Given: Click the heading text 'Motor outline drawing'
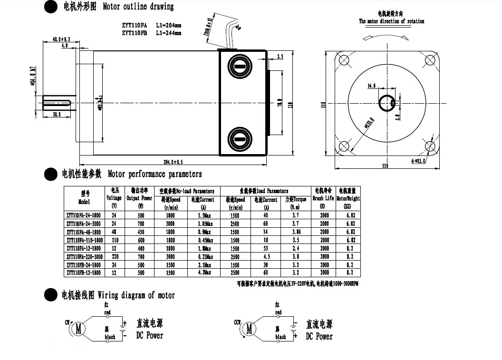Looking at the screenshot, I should [x=138, y=7].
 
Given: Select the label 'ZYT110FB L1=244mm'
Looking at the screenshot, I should [x=151, y=33].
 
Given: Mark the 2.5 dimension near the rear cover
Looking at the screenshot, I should [x=280, y=57].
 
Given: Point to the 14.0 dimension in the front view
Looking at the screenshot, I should [x=371, y=86].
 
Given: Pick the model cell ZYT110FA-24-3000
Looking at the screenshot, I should [x=84, y=224].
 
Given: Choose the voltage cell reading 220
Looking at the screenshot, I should [x=114, y=256].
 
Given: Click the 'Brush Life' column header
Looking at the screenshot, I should [x=323, y=198].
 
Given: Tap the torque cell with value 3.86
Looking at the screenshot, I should [x=296, y=232].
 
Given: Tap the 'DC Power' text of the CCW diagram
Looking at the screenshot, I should [x=319, y=336].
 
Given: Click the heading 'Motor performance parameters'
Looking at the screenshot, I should [x=154, y=174].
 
